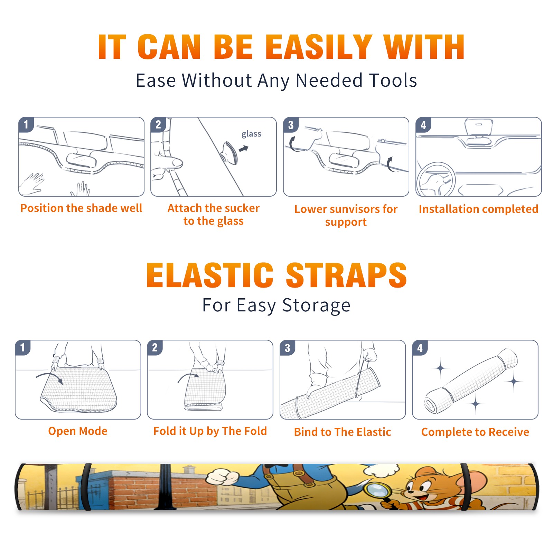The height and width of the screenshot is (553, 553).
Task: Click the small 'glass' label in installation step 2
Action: (251, 134)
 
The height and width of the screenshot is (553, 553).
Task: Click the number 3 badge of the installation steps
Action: (291, 125)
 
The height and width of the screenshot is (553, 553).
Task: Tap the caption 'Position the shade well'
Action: (81, 208)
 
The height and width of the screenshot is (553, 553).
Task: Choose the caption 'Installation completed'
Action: (478, 209)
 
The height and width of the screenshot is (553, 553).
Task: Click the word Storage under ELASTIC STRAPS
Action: (316, 306)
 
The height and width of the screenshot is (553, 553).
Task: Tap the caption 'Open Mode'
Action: (78, 431)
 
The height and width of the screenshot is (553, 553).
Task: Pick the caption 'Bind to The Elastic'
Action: (343, 432)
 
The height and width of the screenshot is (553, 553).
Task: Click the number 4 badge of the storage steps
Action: (420, 348)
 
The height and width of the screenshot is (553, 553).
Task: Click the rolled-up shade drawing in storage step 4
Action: (471, 381)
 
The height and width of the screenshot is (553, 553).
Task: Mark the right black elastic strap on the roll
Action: (464, 487)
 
